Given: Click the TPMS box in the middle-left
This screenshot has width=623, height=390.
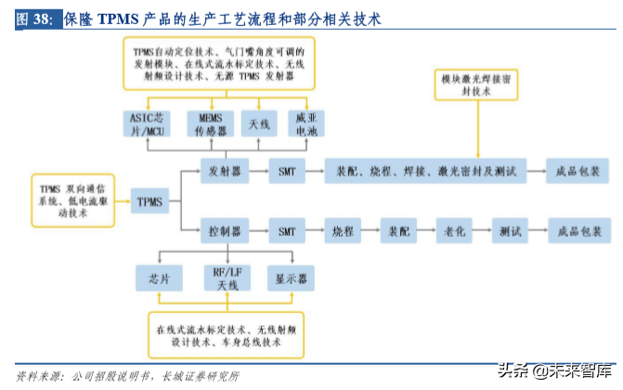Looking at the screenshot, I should point(149,201).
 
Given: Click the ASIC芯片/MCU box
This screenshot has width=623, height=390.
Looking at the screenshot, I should point(148,124).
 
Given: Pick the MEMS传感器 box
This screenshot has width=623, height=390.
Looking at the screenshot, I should point(211,124).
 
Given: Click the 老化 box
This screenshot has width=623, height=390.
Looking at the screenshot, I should point(455,230).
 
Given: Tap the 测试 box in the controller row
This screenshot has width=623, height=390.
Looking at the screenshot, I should point(509,230).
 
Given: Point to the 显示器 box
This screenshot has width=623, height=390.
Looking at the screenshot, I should point(292,277).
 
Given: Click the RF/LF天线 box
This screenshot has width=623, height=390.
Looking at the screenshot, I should point(221,278).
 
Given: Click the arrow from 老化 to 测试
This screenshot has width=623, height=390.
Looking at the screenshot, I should point(482,230).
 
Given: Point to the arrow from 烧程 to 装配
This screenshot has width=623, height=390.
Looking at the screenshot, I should point(370,230).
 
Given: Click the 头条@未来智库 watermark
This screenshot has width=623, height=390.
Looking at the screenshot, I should point(555,369).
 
